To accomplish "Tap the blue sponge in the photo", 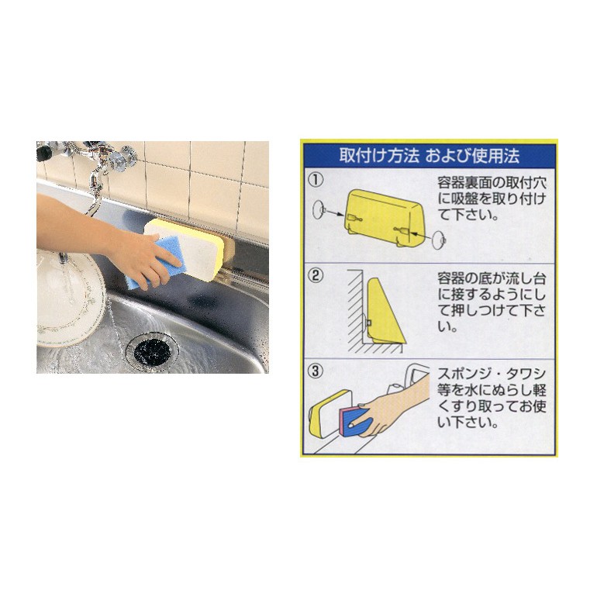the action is [156, 263].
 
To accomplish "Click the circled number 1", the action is [316, 179].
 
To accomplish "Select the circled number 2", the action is [316, 275].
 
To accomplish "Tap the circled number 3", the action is [316, 371].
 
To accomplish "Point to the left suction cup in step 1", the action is [319, 210].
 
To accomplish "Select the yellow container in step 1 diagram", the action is [384, 218].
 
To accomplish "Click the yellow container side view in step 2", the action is [385, 311].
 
